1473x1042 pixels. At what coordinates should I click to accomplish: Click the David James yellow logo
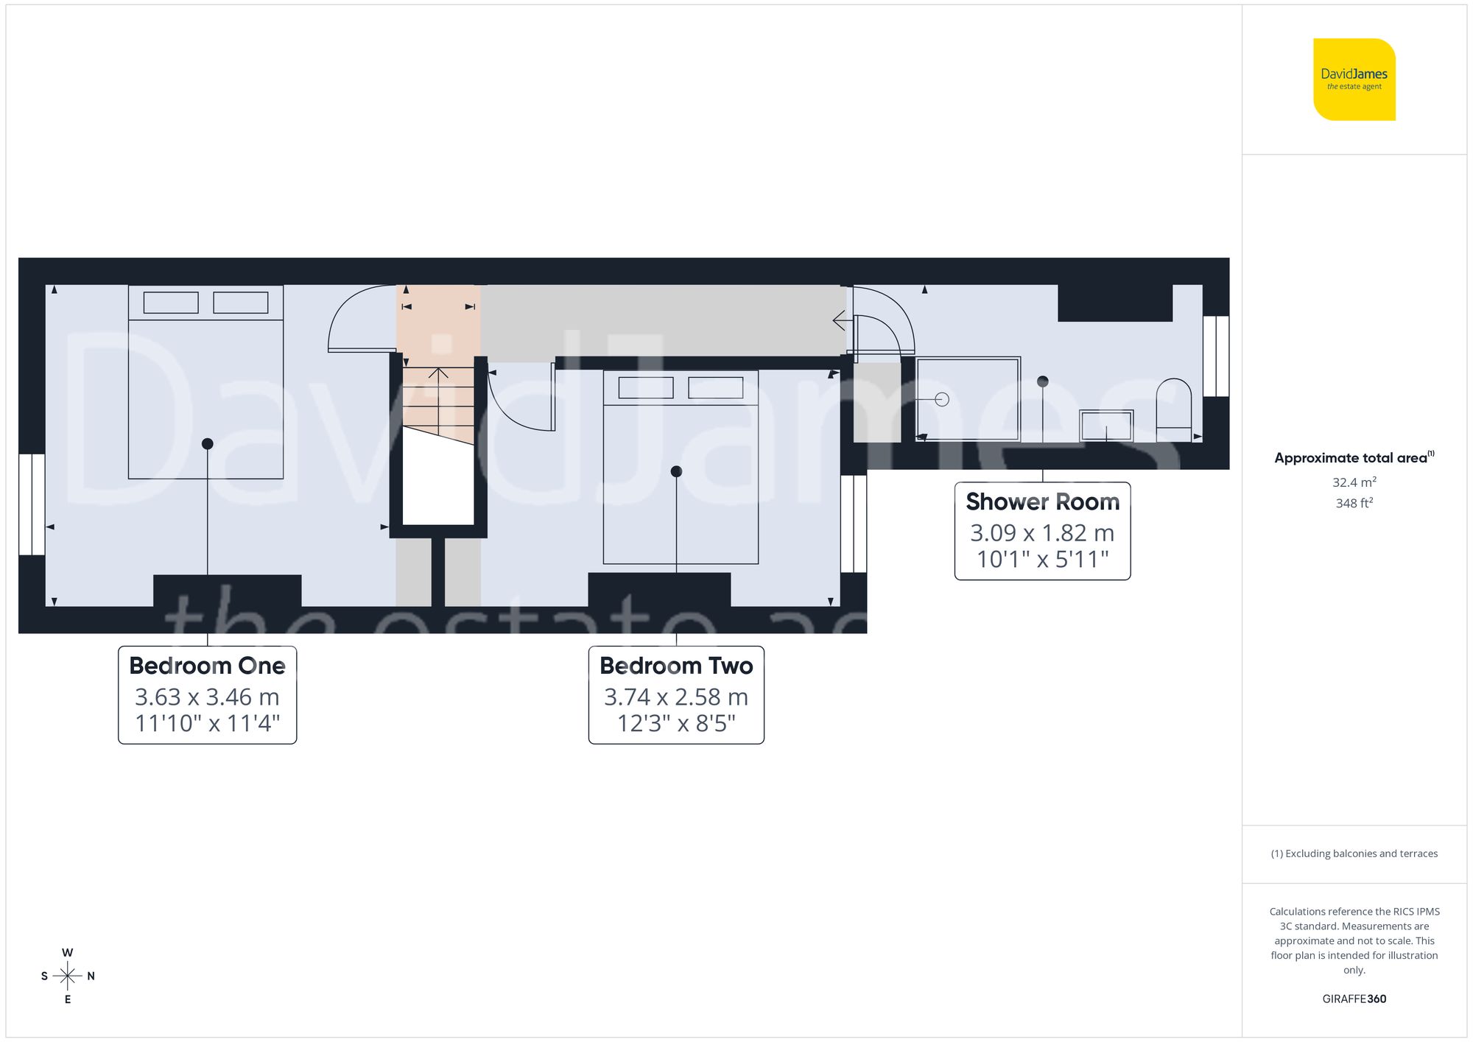tap(1354, 80)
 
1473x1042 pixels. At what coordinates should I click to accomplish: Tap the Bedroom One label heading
tap(207, 666)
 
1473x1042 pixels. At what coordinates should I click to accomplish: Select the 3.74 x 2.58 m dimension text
tap(676, 697)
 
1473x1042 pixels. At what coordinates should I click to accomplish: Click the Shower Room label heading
tap(1042, 502)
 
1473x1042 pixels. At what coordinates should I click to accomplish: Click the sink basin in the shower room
tap(1105, 426)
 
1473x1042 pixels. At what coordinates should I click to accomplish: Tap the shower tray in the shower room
tap(968, 398)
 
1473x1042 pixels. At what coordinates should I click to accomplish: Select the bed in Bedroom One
tap(206, 383)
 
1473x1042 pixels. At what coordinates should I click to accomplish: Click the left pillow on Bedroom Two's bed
tap(646, 388)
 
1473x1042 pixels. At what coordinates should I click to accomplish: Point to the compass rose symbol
tap(67, 976)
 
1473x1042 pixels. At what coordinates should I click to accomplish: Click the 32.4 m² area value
tap(1354, 482)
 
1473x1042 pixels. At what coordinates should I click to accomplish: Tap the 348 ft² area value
tap(1354, 504)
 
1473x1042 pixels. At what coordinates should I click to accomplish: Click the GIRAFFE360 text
tap(1354, 999)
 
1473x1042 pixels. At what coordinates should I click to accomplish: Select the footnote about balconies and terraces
tap(1354, 853)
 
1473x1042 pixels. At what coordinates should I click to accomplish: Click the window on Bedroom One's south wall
tap(32, 504)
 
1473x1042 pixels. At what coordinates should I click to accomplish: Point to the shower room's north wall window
tap(1216, 356)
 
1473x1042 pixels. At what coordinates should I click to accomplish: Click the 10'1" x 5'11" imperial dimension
tap(1042, 560)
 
